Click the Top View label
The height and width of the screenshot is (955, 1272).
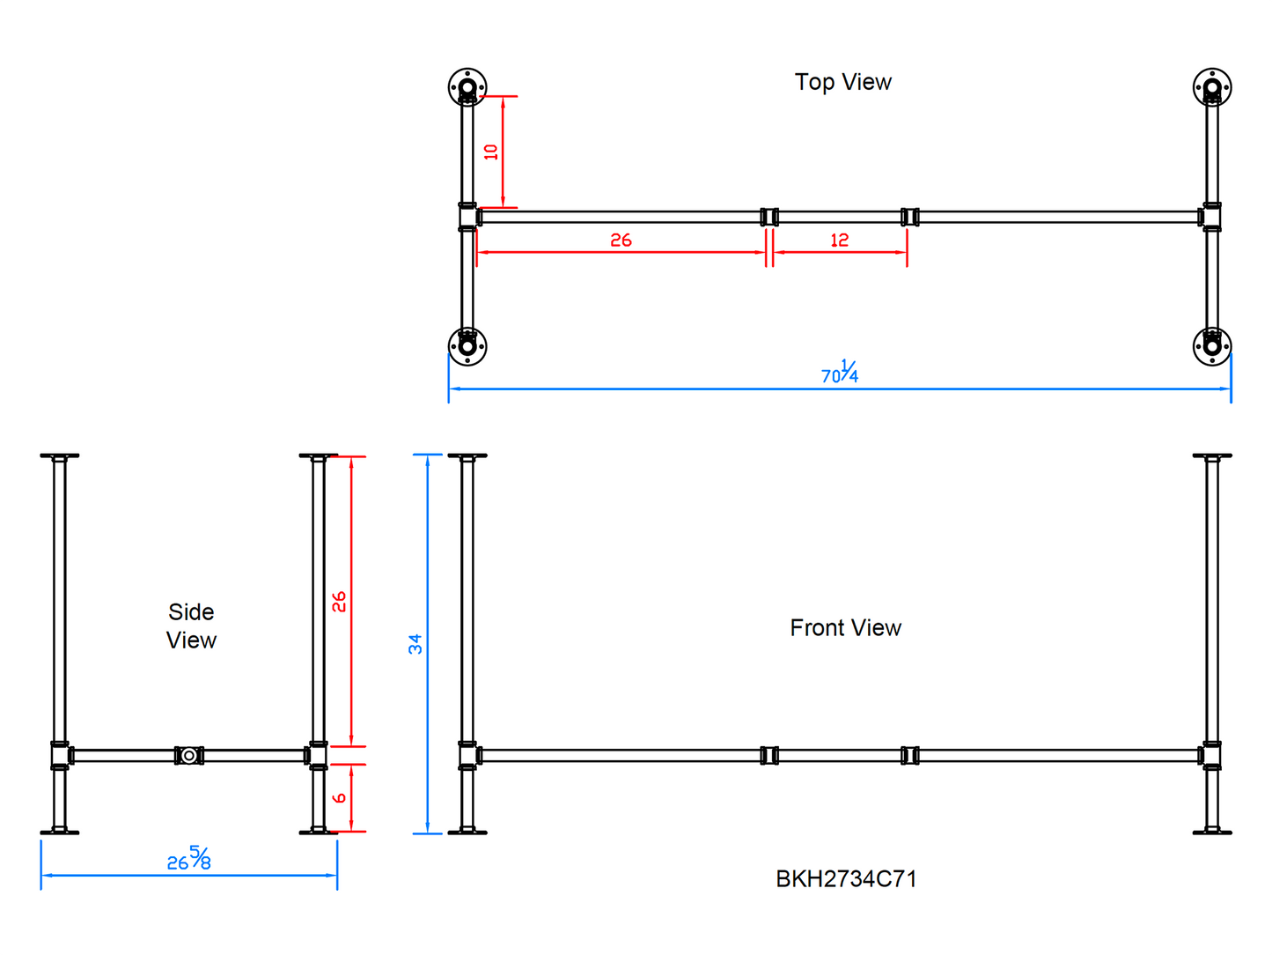[842, 82]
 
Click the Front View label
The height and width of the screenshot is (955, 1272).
[845, 628]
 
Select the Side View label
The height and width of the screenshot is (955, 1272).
[191, 626]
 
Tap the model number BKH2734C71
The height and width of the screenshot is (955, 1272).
[845, 879]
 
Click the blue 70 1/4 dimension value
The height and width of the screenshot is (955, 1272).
[840, 372]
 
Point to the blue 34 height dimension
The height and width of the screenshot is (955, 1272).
[415, 644]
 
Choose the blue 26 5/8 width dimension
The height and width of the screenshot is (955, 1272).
[189, 859]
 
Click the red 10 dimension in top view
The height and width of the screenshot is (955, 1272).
[491, 152]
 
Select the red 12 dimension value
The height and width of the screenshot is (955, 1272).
[839, 240]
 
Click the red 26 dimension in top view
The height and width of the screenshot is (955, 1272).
[621, 240]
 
